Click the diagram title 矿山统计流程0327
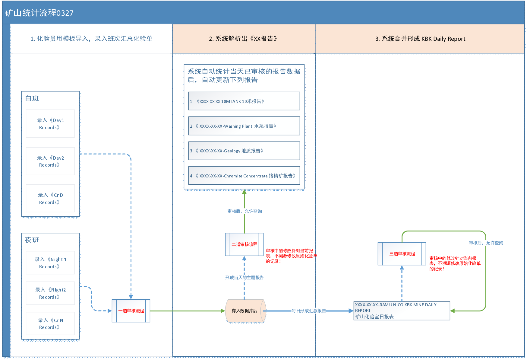click(x=39, y=13)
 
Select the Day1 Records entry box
click(x=50, y=124)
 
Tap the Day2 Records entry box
click(x=50, y=161)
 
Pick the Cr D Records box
click(x=50, y=198)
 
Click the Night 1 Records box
click(x=50, y=263)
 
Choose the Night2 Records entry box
click(x=50, y=293)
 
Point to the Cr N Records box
click(x=50, y=323)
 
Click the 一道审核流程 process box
click(x=131, y=311)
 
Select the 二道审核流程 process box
click(x=244, y=244)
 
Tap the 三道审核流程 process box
click(x=402, y=254)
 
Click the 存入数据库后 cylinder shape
click(x=245, y=311)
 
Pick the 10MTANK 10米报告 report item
click(x=244, y=101)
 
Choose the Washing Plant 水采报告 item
click(x=244, y=126)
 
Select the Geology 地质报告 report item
click(x=244, y=151)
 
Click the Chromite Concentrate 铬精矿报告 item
click(x=244, y=176)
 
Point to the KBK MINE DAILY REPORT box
click(x=402, y=311)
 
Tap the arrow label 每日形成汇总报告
click(x=308, y=311)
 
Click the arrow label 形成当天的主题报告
click(x=244, y=278)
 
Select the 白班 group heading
click(x=32, y=98)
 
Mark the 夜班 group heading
click(x=32, y=240)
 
